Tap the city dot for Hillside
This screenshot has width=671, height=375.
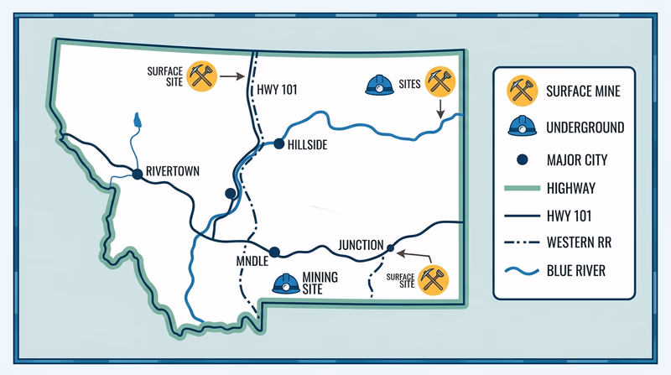click(x=279, y=143)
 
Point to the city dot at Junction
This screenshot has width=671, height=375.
click(x=389, y=247)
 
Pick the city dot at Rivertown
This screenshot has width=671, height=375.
click(x=136, y=174)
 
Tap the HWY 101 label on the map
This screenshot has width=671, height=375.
click(x=278, y=88)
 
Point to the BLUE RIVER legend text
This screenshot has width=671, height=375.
click(x=575, y=271)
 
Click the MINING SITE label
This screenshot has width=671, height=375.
click(x=320, y=283)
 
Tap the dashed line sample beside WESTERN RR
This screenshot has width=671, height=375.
click(x=521, y=243)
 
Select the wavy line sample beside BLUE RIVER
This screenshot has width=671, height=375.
click(x=521, y=271)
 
